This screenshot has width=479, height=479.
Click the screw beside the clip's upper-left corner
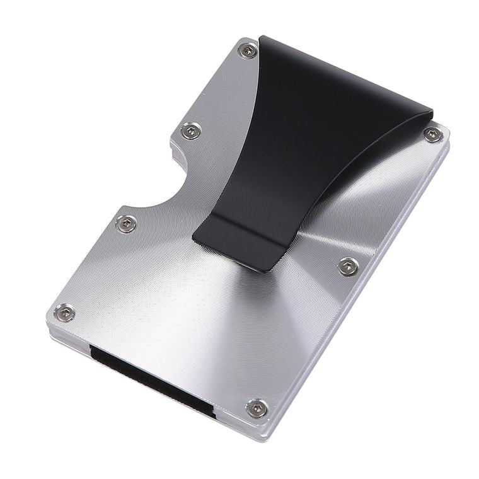pos(248,50)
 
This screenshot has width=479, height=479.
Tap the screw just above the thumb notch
pos(191,131)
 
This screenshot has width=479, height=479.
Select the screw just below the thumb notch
pos(127,223)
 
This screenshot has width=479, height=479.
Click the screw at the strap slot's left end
pos(64,312)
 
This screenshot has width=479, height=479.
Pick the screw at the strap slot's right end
pos(257,407)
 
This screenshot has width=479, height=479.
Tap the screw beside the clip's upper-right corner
pos(432,134)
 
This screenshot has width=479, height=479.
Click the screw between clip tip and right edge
pos(348,266)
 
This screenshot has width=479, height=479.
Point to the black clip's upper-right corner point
pos(433,115)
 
